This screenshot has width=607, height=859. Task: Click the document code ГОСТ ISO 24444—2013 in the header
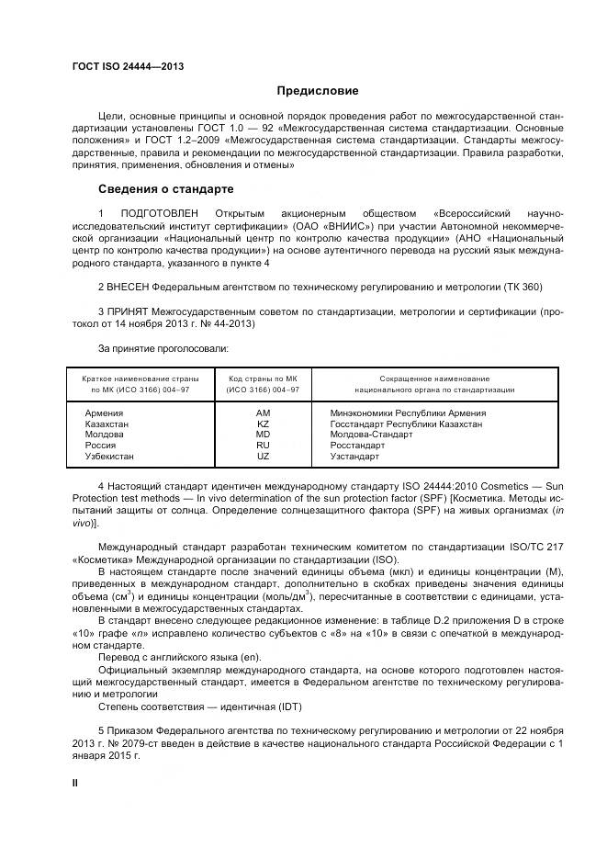point(128,65)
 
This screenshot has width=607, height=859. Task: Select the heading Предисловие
point(319,91)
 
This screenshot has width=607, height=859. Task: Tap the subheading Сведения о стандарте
point(165,189)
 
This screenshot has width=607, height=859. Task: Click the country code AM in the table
point(264,413)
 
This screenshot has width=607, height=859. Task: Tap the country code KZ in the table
point(264,424)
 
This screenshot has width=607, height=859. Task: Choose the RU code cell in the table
point(264,445)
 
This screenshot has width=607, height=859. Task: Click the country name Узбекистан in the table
point(109,456)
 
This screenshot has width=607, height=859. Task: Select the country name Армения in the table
point(104,413)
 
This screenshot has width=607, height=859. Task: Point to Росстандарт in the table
point(358,445)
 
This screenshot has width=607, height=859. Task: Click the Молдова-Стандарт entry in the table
point(371,435)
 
